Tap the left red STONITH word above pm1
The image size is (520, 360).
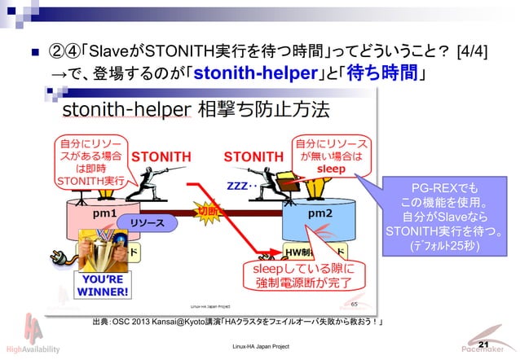[161, 156]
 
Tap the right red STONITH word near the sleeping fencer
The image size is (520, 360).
[253, 156]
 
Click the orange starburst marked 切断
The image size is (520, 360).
[205, 213]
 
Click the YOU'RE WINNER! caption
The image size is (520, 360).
[102, 286]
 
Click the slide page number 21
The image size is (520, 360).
[483, 345]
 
